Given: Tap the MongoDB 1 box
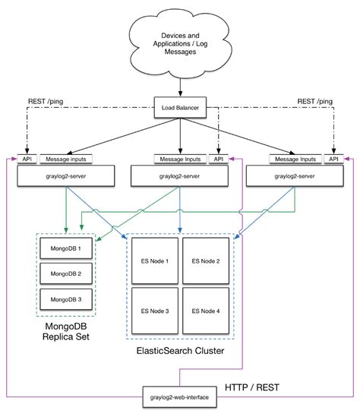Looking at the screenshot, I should tap(65, 248).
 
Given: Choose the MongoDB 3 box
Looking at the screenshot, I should tap(65, 299).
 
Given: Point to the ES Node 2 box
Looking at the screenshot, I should tap(205, 261).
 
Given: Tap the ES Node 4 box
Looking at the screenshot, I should tap(205, 311).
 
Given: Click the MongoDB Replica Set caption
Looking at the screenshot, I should tap(65, 332).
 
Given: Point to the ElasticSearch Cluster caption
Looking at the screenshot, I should tap(179, 352).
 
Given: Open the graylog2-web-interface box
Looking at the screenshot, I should tap(180, 396).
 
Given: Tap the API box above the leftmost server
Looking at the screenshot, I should tap(27, 160).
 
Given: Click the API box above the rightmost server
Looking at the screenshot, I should tap(333, 160).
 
